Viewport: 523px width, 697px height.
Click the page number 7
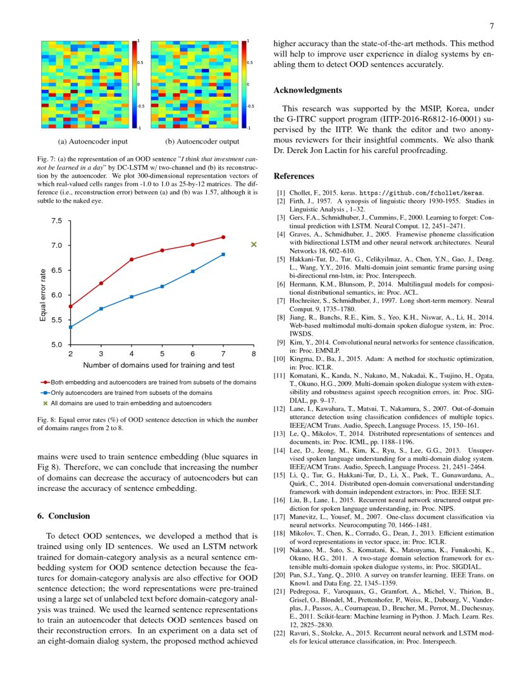point(491,26)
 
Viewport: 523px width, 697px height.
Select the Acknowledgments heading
point(307,90)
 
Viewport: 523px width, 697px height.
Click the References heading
point(294,175)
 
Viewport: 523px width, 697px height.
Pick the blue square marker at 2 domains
point(70,327)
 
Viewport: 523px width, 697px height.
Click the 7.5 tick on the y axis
point(57,221)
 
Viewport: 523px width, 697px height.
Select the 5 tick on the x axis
point(162,354)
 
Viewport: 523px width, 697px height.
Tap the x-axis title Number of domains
point(158,365)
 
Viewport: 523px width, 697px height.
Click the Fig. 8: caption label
point(47,419)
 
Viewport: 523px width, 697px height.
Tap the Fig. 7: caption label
point(47,158)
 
